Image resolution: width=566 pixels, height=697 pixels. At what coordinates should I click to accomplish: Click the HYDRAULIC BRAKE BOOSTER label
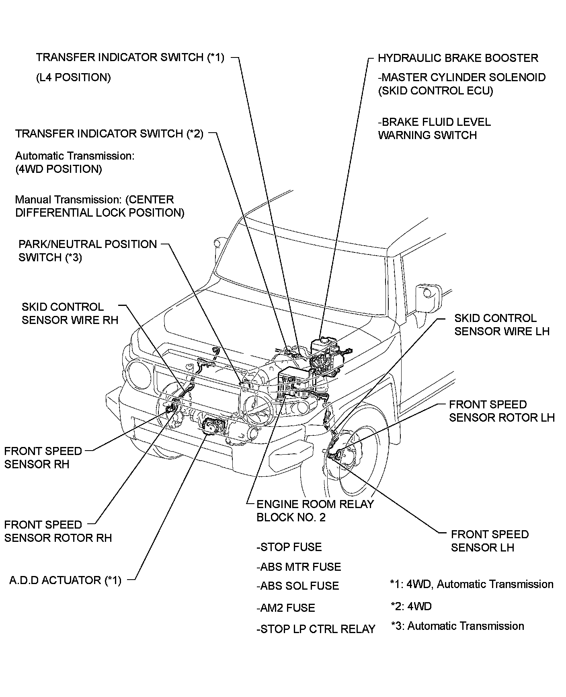pos(457,58)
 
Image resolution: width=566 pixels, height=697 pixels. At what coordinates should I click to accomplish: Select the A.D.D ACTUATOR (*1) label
pos(65,580)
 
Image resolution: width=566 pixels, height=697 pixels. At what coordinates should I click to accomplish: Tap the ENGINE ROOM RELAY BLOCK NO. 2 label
pos(315,510)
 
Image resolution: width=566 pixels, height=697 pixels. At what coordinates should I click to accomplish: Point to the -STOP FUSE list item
pos(289,547)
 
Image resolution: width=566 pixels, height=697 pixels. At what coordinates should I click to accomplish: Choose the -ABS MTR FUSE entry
pos(299,567)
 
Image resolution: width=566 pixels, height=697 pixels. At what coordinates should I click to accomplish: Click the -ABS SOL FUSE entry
pos(297,586)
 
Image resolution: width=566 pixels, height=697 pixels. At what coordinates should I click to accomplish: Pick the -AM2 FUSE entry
pos(285,608)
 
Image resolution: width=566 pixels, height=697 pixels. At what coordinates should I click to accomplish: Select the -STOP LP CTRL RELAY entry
pos(316,629)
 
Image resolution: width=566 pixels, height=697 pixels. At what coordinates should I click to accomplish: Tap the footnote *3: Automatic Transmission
pos(457,626)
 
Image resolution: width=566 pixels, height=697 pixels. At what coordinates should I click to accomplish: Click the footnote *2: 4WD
pos(411,606)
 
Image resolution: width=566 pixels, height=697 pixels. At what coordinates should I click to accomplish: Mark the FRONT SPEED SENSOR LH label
pos(489,541)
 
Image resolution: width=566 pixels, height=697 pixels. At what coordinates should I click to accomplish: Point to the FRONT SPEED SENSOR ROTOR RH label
pos(58,531)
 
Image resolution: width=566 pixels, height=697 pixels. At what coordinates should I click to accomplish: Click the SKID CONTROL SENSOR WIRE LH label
pos(501,324)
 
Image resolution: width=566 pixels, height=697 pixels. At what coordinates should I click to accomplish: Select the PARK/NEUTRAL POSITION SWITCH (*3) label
pos(87,250)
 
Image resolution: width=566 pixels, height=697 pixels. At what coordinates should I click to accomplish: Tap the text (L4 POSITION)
pos(73,77)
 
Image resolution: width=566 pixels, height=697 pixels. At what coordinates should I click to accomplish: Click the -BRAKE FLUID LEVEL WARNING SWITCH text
pos(434,128)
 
